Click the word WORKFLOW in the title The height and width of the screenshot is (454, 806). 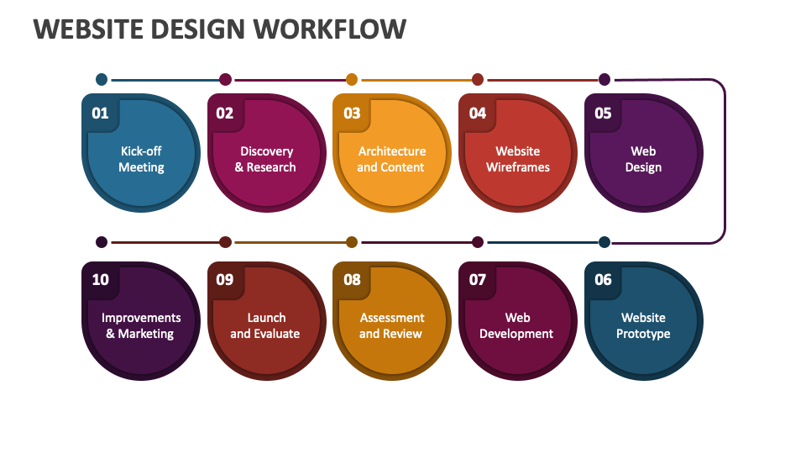coord(330,29)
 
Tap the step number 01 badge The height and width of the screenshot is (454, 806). coord(100,113)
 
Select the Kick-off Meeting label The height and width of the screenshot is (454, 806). coord(141,159)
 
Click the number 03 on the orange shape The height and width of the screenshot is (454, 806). coord(352,113)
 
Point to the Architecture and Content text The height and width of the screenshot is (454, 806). coord(392,159)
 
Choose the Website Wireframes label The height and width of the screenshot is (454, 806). coord(518,159)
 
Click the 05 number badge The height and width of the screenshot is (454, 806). coord(603,113)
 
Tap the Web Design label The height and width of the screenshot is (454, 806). coord(644,159)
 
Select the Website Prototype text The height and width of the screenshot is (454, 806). coord(644,326)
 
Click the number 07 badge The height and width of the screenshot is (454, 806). coord(478,279)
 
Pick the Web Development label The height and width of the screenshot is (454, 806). coord(516,326)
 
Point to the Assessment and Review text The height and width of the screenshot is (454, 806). coord(392,326)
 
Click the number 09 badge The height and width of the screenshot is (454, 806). coord(225,279)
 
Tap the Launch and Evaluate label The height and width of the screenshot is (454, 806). coord(265,326)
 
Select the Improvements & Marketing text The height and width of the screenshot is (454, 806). coord(141,326)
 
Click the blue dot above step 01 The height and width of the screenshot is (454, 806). coord(102,79)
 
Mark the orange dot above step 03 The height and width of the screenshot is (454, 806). coord(352,79)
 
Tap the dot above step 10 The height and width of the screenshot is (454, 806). coord(102,242)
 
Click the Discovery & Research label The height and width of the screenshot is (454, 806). coord(266,159)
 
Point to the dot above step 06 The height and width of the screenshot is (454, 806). coord(604,242)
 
